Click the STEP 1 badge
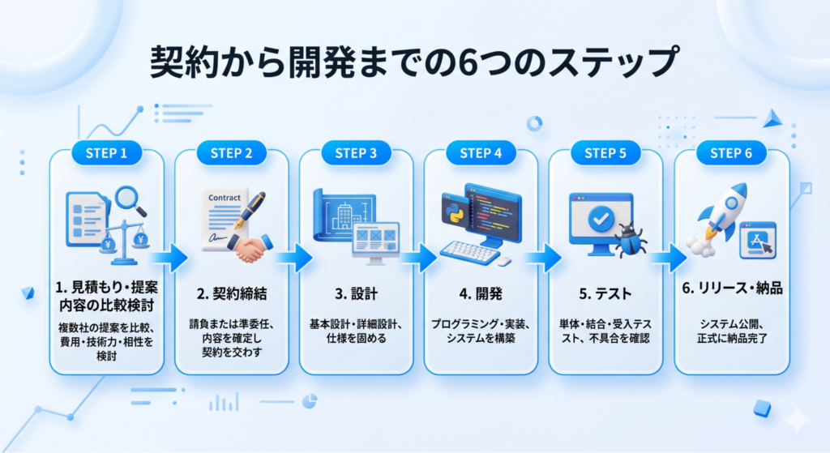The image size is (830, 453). click(106, 153)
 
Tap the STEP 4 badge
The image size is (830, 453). click(481, 153)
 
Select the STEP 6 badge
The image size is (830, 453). click(731, 153)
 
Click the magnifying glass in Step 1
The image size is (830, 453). click(130, 201)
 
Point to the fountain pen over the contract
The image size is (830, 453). click(250, 212)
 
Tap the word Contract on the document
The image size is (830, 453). click(225, 198)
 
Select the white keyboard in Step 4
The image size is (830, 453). click(470, 253)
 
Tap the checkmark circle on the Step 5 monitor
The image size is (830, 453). click(601, 218)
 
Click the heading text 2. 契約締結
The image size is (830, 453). click(232, 293)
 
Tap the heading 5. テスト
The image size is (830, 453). click(605, 293)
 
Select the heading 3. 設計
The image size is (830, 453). click(357, 293)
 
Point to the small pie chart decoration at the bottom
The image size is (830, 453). click(310, 401)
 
